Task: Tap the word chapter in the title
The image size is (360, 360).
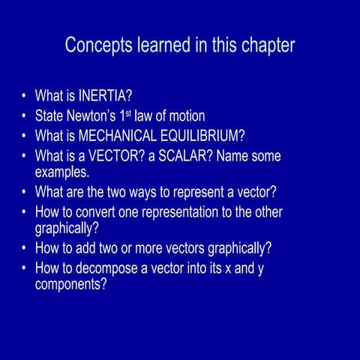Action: pos(266,45)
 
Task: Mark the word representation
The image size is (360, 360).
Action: pos(177,212)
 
